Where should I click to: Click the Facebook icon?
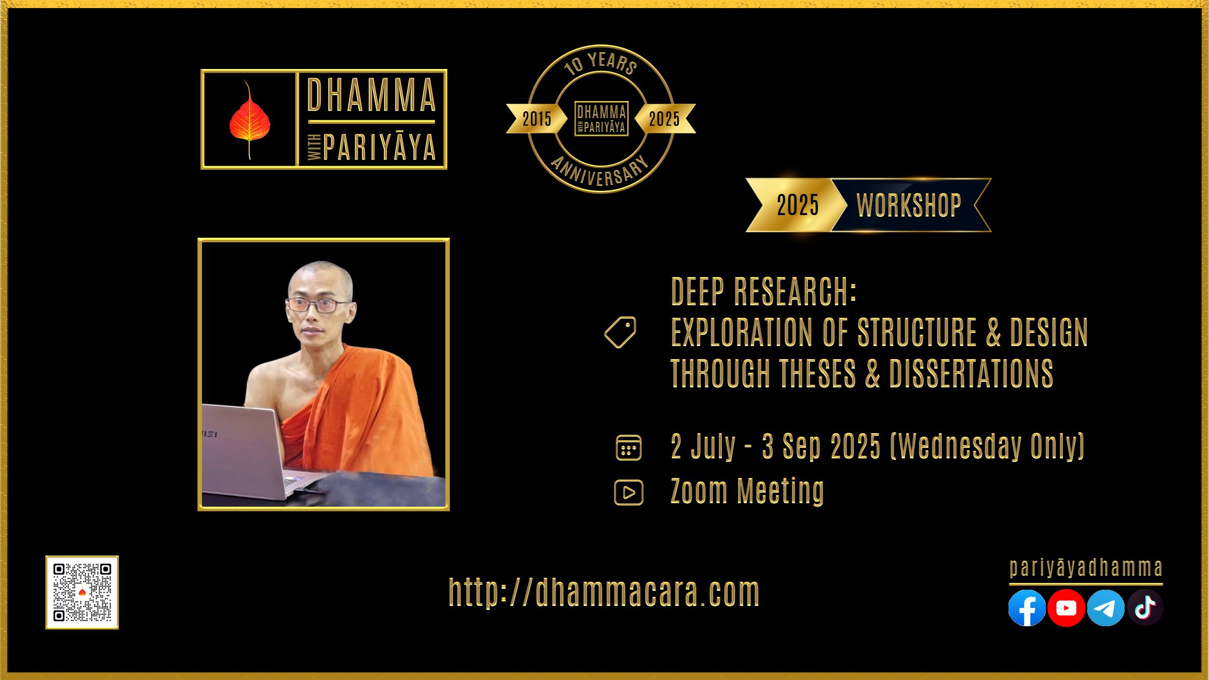point(1027,608)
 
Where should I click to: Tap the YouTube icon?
point(1066,608)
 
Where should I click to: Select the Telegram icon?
point(1106,608)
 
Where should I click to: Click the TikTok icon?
point(1145,608)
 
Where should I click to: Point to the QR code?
point(82,592)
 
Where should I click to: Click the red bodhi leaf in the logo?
point(249,119)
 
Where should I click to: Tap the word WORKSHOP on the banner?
point(909,205)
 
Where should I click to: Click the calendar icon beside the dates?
point(629,447)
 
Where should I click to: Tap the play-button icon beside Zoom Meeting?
point(629,492)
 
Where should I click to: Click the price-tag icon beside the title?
point(621,332)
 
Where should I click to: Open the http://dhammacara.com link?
point(604,592)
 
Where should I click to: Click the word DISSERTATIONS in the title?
point(971,373)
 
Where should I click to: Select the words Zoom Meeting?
point(747,491)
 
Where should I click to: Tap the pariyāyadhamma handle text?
point(1086,568)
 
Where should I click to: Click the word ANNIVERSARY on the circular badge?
point(600,172)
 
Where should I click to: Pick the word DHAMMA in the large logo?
point(371,95)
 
